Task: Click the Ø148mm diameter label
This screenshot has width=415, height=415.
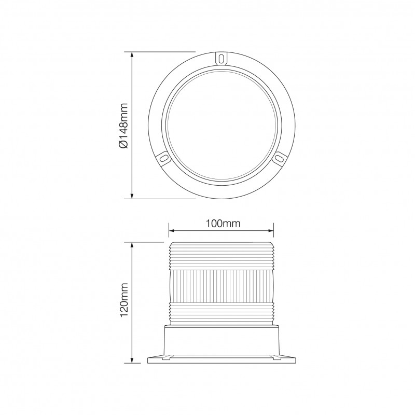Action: tap(123, 125)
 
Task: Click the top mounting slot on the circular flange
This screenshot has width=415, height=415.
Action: tap(222, 57)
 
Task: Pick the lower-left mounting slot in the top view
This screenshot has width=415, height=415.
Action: tap(163, 156)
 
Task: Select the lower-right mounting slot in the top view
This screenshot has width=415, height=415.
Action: tap(279, 156)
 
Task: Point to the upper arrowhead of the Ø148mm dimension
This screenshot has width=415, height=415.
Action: tap(133, 54)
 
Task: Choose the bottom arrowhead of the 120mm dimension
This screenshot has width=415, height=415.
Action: tap(133, 359)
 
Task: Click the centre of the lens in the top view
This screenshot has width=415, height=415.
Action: tap(222, 125)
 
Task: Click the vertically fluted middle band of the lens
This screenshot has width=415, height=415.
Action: tap(221, 285)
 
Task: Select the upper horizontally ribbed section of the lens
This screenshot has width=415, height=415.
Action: tap(221, 257)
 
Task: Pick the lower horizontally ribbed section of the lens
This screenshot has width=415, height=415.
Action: tap(221, 313)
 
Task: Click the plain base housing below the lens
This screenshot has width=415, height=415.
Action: tap(221, 340)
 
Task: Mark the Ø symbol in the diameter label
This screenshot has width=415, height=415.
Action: tap(123, 145)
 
